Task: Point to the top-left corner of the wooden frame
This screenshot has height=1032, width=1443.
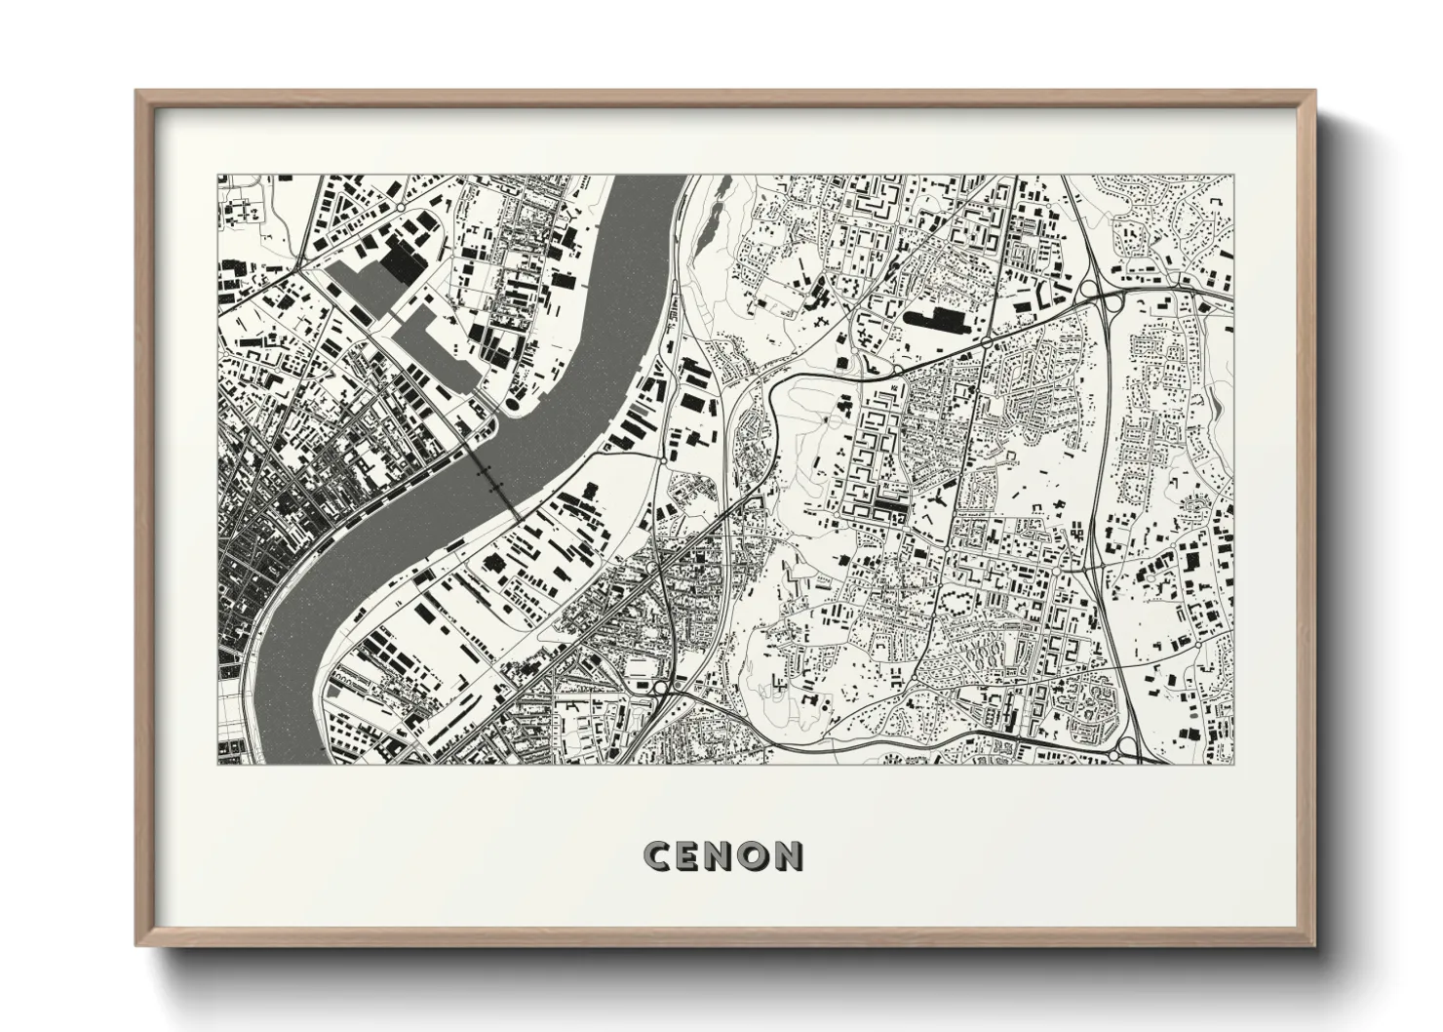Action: pyautogui.click(x=137, y=92)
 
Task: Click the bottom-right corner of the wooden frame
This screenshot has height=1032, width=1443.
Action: pyautogui.click(x=1317, y=946)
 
